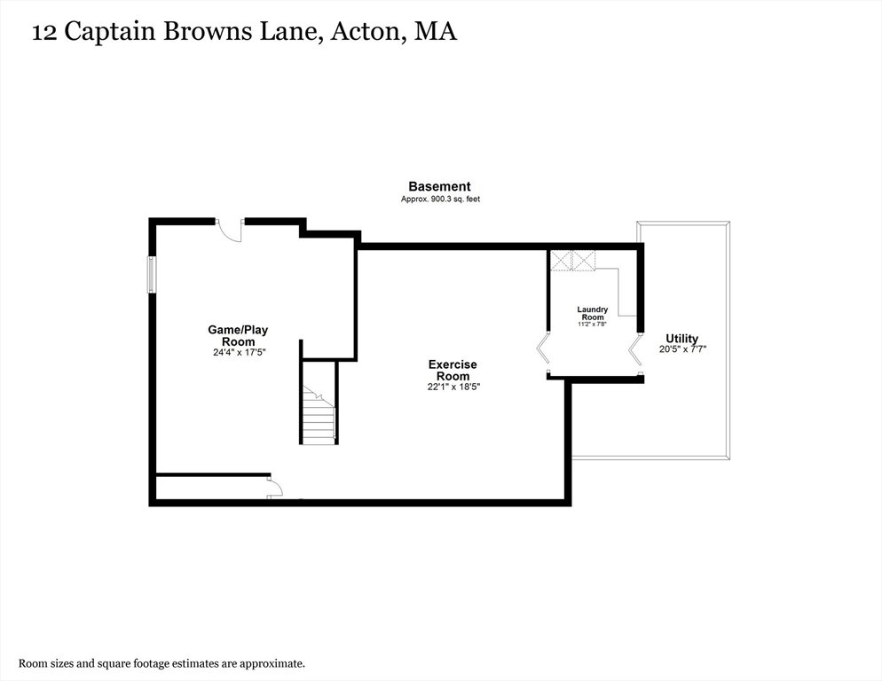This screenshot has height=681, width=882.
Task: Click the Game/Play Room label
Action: (238, 336)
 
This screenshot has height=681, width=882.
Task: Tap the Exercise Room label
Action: (453, 370)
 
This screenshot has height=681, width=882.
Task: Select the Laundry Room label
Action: (593, 313)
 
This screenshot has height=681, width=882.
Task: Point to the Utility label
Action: (681, 339)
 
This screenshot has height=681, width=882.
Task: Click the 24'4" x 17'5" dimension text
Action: (239, 353)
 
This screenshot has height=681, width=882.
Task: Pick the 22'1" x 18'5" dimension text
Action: (453, 387)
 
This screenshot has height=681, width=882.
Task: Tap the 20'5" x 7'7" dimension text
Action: (682, 348)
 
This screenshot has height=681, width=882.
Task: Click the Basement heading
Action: (439, 186)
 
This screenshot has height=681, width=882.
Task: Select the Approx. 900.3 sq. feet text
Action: (440, 200)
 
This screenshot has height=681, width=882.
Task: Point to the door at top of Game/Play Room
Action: (230, 230)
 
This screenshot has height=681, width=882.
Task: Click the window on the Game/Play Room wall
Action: (152, 274)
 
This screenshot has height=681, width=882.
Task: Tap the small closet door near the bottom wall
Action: (275, 487)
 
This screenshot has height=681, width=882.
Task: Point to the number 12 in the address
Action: (43, 33)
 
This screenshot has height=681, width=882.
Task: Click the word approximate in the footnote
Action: (272, 663)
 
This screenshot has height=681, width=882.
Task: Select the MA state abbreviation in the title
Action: (436, 31)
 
